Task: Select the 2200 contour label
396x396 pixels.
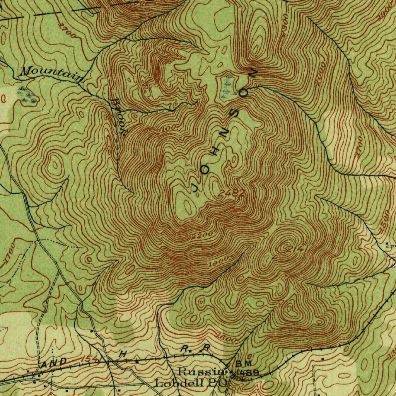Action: (202, 235)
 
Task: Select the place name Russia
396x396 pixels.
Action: (200, 372)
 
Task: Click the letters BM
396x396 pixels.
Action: (244, 364)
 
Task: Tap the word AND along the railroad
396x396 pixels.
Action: (54, 363)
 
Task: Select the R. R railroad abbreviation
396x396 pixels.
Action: (195, 348)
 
